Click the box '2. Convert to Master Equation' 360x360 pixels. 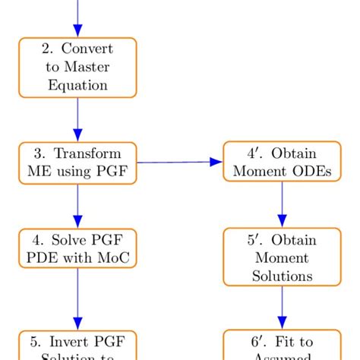click(x=77, y=68)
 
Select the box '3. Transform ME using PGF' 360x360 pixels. click(x=77, y=163)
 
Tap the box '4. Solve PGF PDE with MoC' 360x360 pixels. click(x=77, y=248)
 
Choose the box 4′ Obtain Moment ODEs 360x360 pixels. click(x=282, y=162)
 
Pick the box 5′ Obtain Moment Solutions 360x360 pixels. click(x=282, y=257)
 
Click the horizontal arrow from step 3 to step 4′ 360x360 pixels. click(x=179, y=162)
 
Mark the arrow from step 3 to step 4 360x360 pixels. click(x=77, y=206)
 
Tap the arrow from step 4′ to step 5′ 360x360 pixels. click(x=282, y=204)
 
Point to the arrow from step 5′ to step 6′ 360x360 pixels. click(x=282, y=308)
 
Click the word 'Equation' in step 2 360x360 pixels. click(x=77, y=85)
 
